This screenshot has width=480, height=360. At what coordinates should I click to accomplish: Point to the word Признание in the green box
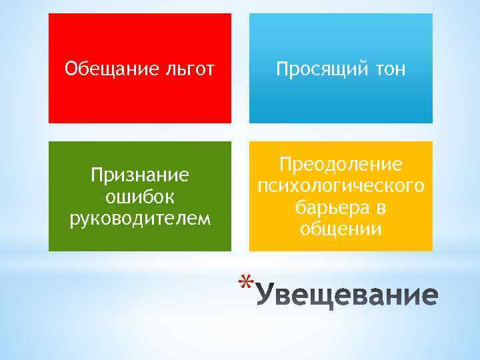pyautogui.click(x=140, y=175)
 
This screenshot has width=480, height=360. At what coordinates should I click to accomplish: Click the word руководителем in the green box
pyautogui.click(x=140, y=217)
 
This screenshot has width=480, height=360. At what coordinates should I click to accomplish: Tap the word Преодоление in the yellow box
pyautogui.click(x=341, y=164)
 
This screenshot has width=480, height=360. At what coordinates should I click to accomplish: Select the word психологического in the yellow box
pyautogui.click(x=341, y=185)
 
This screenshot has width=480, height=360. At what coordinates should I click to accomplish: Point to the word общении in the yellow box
pyautogui.click(x=341, y=229)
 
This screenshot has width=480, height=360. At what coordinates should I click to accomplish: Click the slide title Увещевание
pyautogui.click(x=347, y=294)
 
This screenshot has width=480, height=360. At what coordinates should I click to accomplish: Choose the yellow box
pyautogui.click(x=341, y=244)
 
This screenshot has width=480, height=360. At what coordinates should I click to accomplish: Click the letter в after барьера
pyautogui.click(x=381, y=208)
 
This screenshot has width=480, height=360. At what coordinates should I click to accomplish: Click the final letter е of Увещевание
pyautogui.click(x=429, y=295)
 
